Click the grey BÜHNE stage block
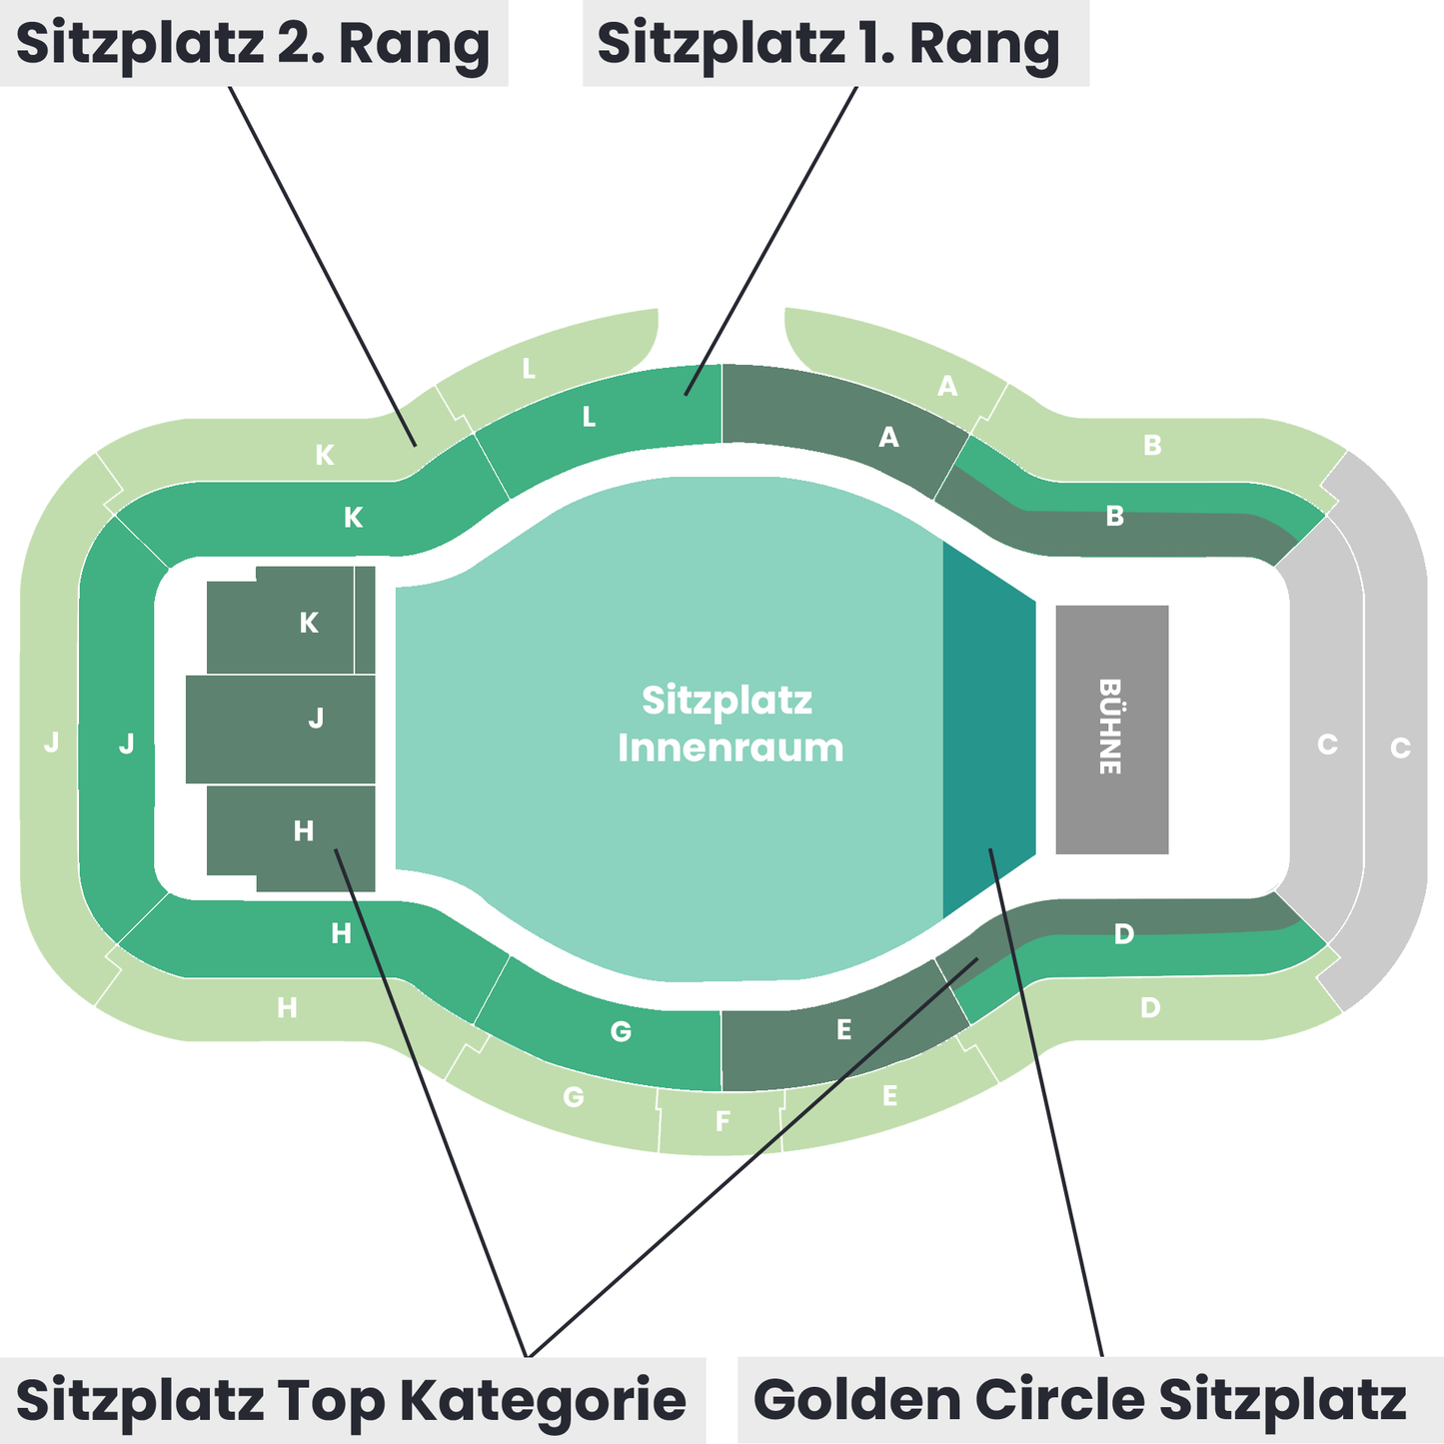pos(1111,728)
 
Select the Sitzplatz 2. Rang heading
pos(253,43)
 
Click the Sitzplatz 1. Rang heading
pos(828,43)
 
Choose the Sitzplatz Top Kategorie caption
pos(351,1399)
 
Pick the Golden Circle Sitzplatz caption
pos(1080,1399)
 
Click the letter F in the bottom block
pos(722,1121)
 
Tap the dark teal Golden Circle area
pos(987,729)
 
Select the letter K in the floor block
pos(309,623)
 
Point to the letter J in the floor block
pos(316,718)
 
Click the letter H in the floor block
pos(304,830)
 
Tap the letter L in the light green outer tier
pos(529,369)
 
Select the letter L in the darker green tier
pos(590,417)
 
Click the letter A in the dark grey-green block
pos(887,437)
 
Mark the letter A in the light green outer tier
pos(947,386)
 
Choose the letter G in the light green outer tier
pos(573,1097)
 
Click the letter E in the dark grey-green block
pos(843,1029)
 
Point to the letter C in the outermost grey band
pos(1400,747)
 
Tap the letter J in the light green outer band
pos(52,742)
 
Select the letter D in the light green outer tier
pos(1150,1007)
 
